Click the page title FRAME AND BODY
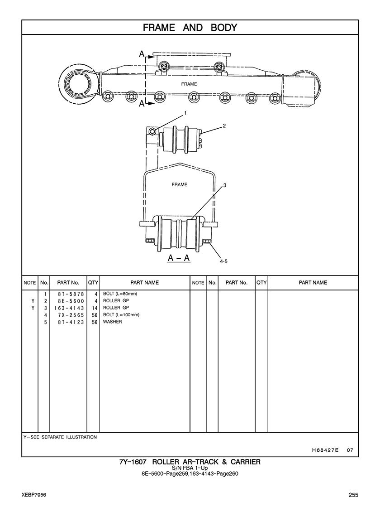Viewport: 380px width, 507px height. [190, 28]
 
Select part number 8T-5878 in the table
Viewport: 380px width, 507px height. [71, 294]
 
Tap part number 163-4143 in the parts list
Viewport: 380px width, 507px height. [69, 308]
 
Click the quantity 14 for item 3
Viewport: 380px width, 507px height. [95, 308]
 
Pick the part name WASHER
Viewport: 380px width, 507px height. [112, 322]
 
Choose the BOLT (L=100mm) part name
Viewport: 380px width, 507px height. [121, 314]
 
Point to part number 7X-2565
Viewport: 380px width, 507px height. [71, 315]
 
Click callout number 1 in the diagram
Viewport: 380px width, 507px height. [185, 113]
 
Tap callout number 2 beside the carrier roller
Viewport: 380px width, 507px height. [224, 126]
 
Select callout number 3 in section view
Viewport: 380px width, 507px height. [225, 185]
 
